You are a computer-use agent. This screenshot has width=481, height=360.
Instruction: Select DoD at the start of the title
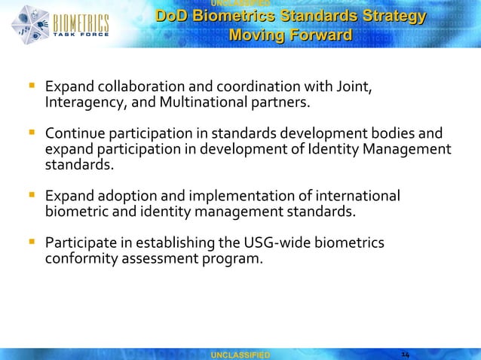point(173,17)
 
